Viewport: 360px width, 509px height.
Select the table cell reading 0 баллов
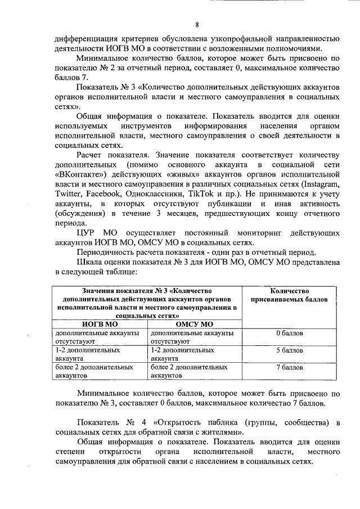click(x=290, y=333)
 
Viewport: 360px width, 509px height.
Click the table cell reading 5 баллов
click(x=290, y=350)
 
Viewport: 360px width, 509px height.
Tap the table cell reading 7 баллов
click(x=290, y=367)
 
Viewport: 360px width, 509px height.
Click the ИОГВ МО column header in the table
click(x=100, y=324)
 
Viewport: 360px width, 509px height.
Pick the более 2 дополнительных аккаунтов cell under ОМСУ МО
click(x=189, y=370)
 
